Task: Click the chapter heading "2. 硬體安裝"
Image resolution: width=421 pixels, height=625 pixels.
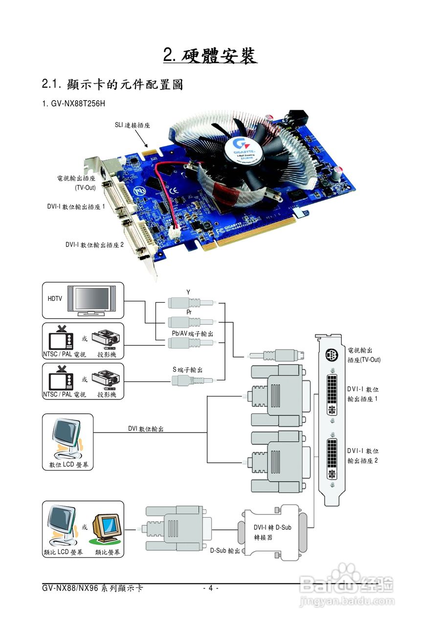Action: coord(210,56)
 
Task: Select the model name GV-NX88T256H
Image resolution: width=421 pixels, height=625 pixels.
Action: coord(77,104)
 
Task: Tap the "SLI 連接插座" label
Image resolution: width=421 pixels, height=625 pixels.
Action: coord(132,125)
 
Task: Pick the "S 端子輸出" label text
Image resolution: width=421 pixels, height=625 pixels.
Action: coord(188,370)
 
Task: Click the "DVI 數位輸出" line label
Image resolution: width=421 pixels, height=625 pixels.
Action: coord(146,429)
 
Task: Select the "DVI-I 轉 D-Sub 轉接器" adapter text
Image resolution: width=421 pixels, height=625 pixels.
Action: coord(272,532)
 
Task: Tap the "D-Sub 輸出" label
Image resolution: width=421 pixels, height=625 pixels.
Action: coord(225,550)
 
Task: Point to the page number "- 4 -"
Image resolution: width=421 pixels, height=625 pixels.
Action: coord(210,588)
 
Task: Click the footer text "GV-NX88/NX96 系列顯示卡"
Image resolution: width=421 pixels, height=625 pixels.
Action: coord(92,588)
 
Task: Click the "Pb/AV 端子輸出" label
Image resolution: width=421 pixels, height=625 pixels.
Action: coord(192,333)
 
